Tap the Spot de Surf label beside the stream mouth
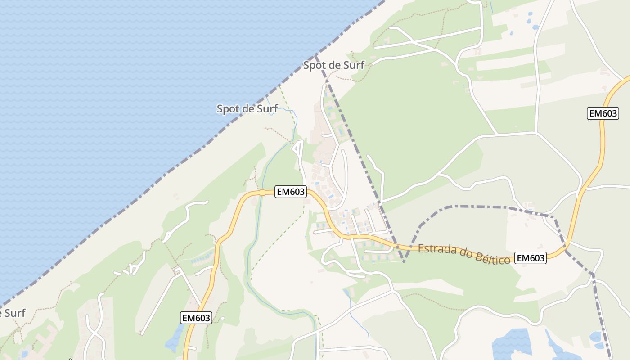coord(247,108)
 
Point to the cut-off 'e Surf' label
coord(13,313)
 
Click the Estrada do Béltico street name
coord(464,254)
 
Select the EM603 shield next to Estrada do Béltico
coord(531,258)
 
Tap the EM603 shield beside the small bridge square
coord(291,192)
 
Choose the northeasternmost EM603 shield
coord(603,113)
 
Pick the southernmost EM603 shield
coord(196,318)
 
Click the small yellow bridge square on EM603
coord(262,193)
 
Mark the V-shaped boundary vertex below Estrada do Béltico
coord(404,261)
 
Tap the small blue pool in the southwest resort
coord(24,354)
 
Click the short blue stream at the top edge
coord(491,5)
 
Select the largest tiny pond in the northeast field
coord(535,27)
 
